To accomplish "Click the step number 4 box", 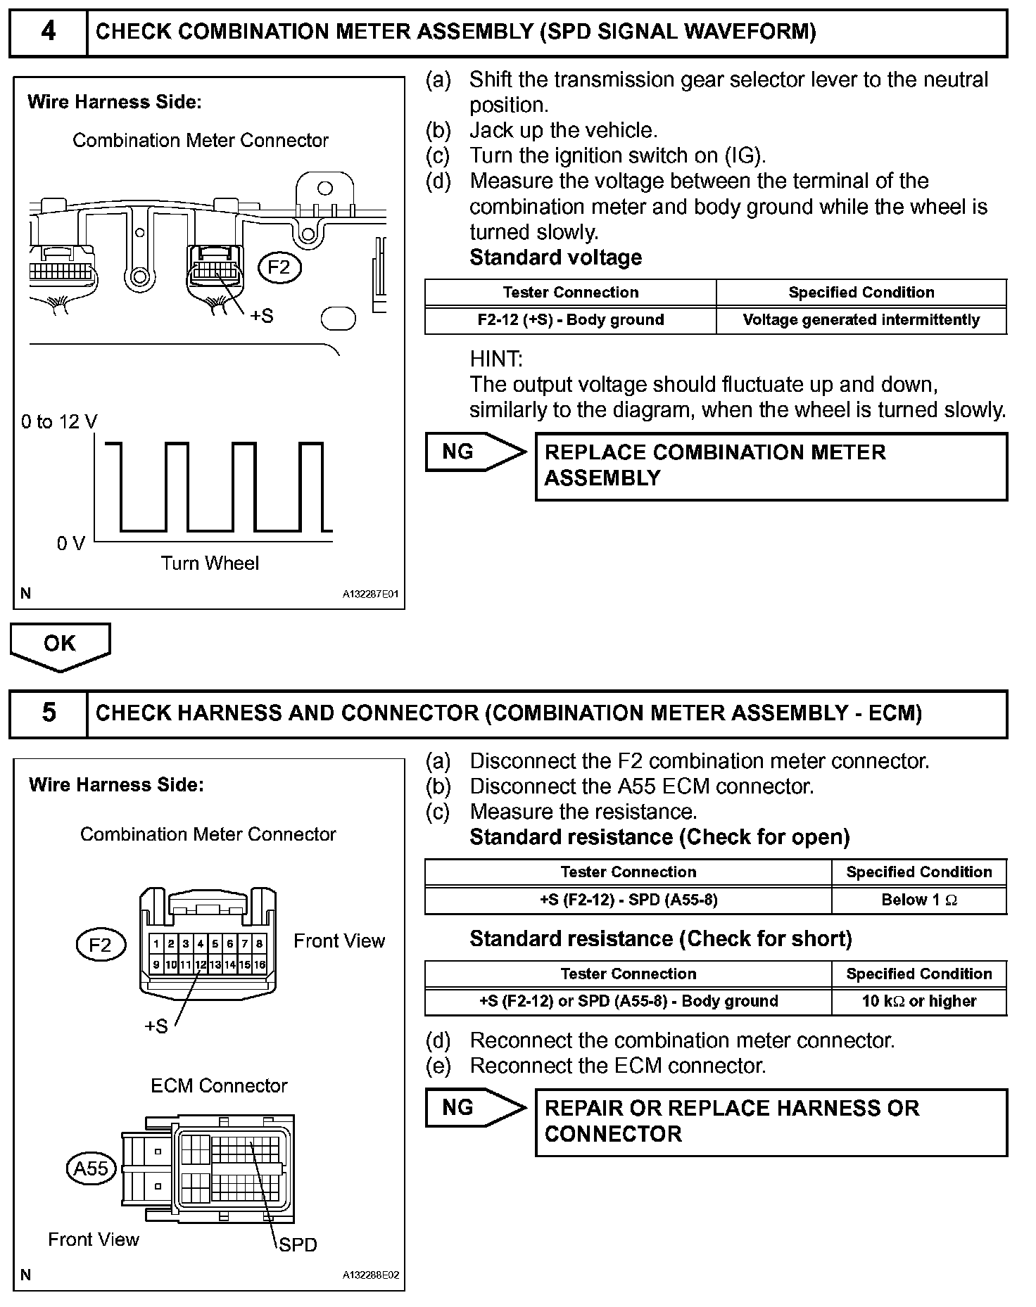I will click(48, 32).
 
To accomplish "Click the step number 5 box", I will click(48, 713).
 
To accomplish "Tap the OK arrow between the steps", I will click(60, 644).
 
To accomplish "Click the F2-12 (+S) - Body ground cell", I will click(570, 320).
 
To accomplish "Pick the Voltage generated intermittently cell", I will click(861, 320).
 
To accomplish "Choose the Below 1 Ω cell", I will click(918, 900).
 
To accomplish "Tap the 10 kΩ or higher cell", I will click(918, 1001).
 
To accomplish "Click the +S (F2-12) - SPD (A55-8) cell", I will click(628, 900).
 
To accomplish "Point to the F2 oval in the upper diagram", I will click(279, 267).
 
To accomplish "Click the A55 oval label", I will click(91, 1168).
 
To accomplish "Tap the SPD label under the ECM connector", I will click(298, 1245).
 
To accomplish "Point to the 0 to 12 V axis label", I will click(59, 422).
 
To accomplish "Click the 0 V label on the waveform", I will click(70, 543).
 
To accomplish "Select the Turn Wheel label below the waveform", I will click(210, 563).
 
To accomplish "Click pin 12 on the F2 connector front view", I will click(201, 965).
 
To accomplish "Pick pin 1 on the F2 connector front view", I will click(156, 944).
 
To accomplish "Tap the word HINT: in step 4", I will click(495, 359).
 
